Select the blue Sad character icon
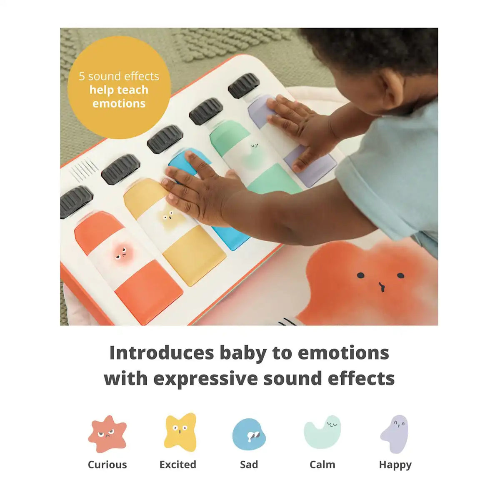click(249, 434)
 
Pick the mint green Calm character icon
click(322, 432)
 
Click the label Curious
click(107, 465)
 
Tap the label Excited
click(178, 465)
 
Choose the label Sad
click(249, 465)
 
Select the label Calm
click(322, 465)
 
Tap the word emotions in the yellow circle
click(119, 103)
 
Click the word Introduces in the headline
click(162, 353)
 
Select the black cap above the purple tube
click(244, 86)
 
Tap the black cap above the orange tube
click(76, 202)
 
